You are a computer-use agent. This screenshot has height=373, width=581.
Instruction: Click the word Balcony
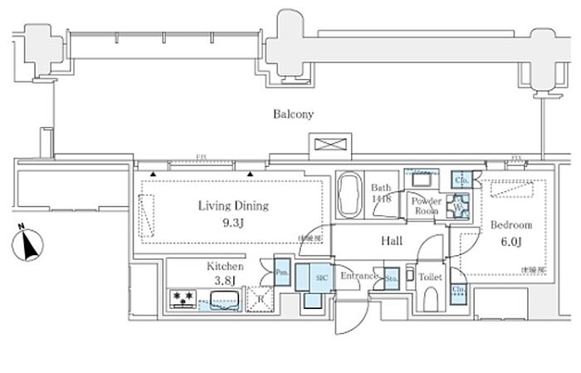click(294, 115)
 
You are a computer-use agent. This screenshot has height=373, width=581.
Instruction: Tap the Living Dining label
click(232, 205)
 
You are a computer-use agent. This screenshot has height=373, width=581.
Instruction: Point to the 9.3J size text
click(232, 222)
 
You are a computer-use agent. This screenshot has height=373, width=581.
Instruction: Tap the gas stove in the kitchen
click(183, 297)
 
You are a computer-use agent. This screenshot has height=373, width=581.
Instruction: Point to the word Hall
click(392, 240)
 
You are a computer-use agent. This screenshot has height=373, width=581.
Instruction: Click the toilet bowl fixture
click(430, 300)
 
